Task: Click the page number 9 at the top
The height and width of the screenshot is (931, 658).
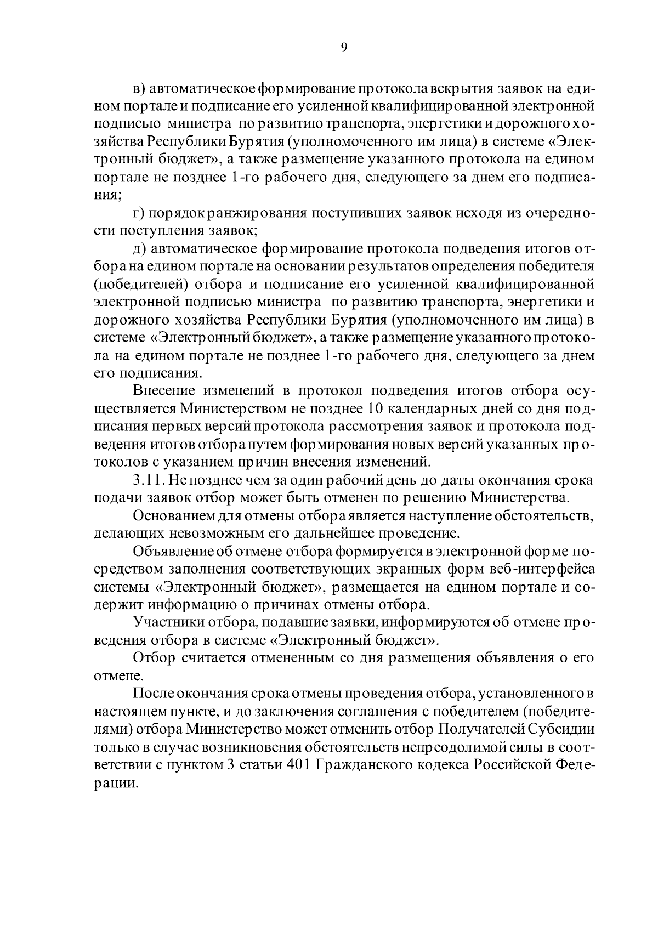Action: tap(343, 48)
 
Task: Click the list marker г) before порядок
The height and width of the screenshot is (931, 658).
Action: tap(139, 213)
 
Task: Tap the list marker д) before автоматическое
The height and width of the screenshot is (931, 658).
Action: tap(139, 249)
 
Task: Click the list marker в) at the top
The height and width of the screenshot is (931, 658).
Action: tap(139, 89)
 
